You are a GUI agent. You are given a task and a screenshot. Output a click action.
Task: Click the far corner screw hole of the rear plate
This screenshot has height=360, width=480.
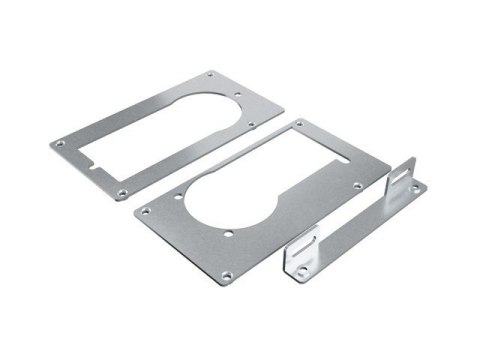(x=210, y=75)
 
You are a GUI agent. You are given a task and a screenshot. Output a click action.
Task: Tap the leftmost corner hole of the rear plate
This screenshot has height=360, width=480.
(x=60, y=144)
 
